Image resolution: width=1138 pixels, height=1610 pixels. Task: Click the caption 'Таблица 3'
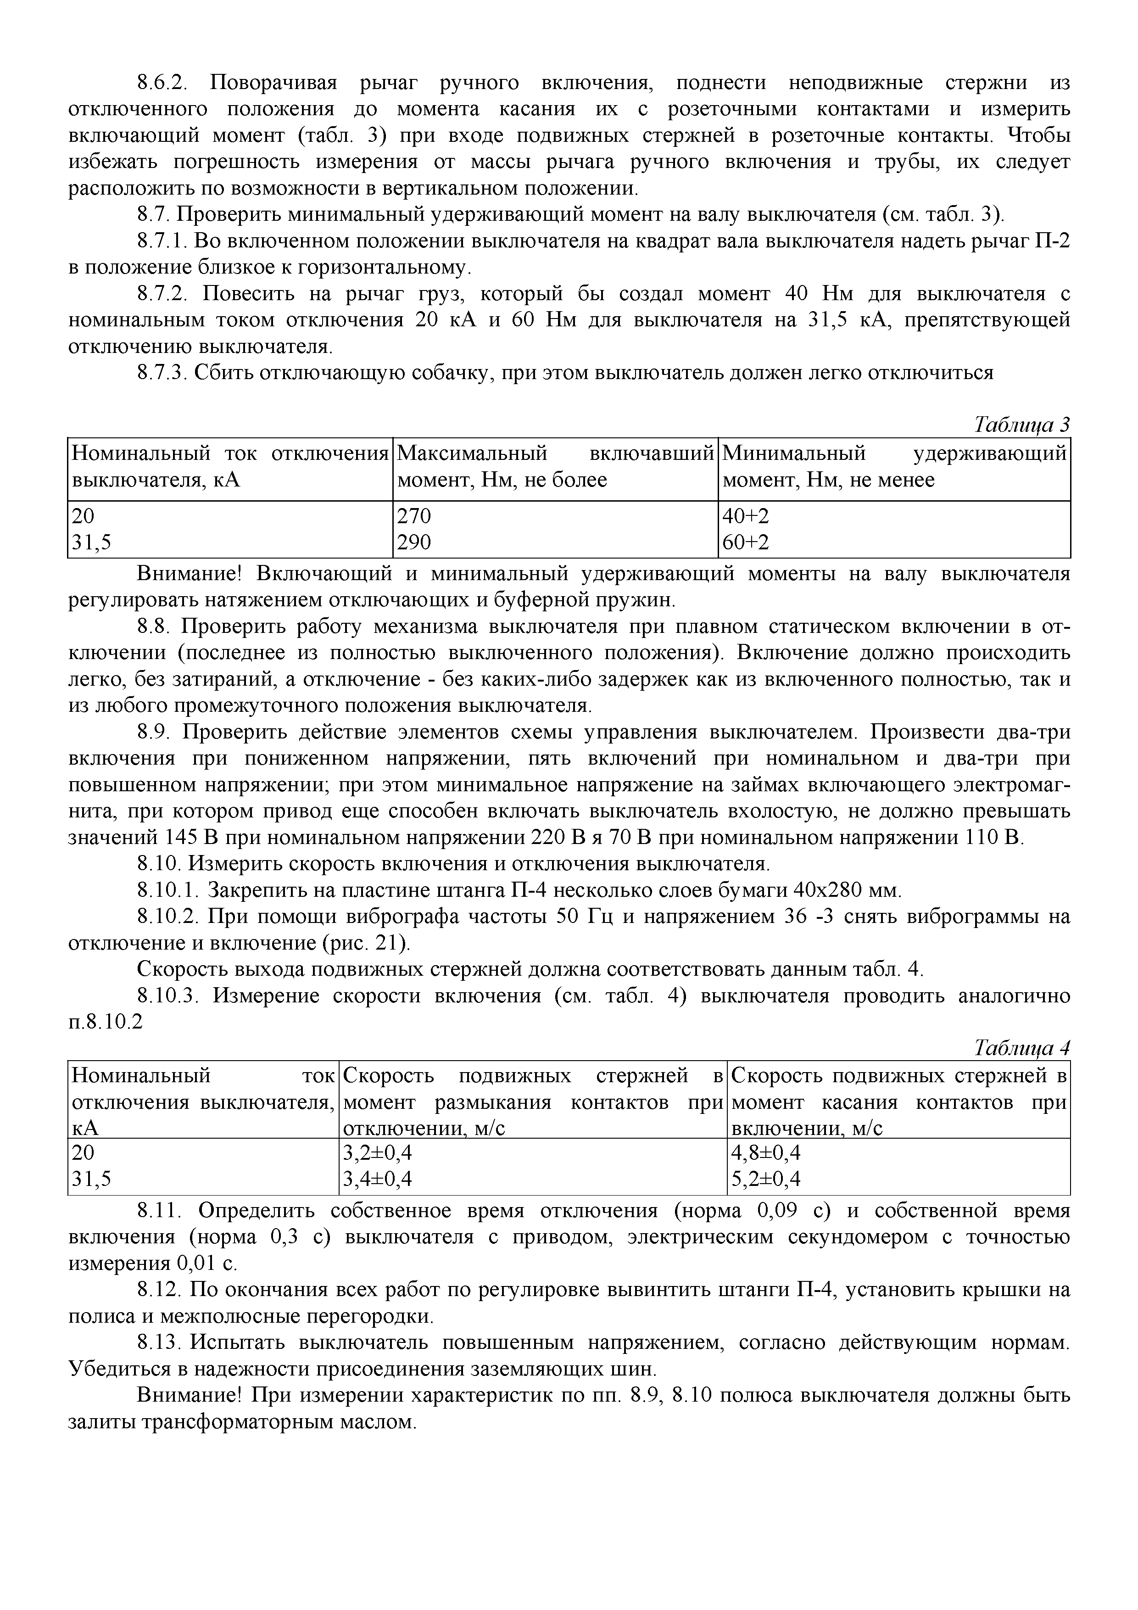pos(1022,425)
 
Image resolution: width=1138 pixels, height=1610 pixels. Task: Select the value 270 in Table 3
pos(414,516)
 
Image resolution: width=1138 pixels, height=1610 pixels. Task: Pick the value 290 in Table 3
pos(414,542)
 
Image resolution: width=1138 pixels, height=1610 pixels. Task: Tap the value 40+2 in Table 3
pos(746,516)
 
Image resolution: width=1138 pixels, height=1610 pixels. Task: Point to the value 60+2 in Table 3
pos(746,542)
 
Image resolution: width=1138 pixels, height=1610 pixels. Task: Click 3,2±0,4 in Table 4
pos(377,1153)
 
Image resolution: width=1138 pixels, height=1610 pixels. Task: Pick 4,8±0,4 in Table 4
pos(766,1153)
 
